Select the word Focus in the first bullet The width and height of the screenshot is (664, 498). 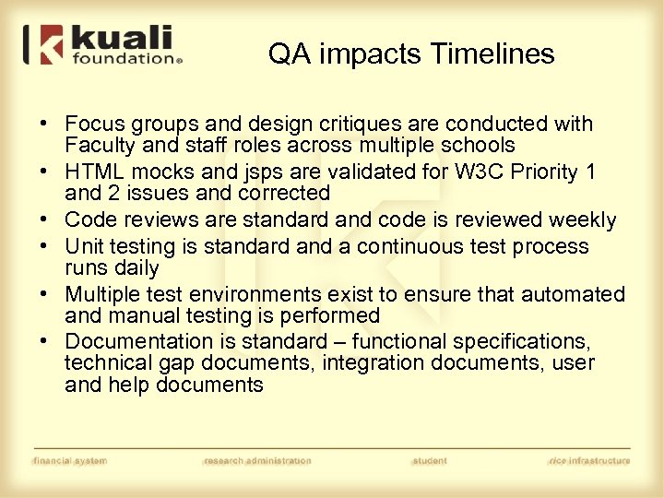(x=95, y=124)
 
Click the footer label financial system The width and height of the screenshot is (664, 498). (x=70, y=460)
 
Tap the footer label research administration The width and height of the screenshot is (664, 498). (x=257, y=460)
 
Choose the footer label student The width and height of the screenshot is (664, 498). (x=430, y=460)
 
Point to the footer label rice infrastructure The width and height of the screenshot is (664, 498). (x=588, y=460)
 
